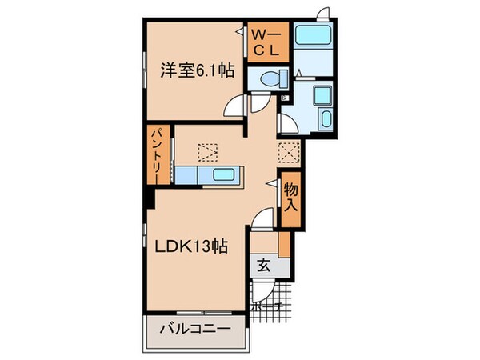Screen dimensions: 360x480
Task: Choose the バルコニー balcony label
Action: pos(194,329)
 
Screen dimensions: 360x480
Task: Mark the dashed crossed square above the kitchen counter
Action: pos(207,151)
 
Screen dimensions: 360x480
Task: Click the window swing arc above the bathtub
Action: pos(322,13)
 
